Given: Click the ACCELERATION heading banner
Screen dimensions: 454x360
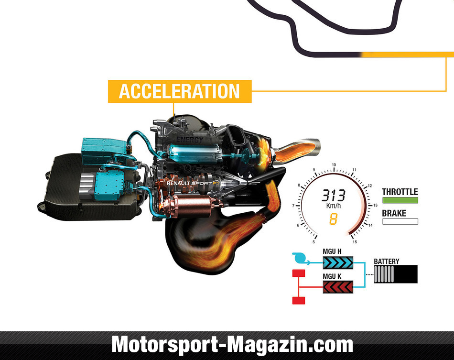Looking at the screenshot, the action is [x=180, y=91].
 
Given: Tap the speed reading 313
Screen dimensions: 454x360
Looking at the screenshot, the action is [x=334, y=196].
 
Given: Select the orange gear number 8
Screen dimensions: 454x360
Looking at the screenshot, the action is [x=333, y=219].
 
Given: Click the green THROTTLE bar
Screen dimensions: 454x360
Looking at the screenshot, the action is [x=400, y=200].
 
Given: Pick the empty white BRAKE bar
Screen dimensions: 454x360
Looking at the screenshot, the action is [x=400, y=221].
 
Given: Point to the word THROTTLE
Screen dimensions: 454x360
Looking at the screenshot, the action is [x=400, y=192].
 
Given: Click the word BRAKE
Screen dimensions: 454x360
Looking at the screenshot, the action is [x=394, y=213].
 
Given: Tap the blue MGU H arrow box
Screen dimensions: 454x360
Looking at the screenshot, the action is [x=338, y=262].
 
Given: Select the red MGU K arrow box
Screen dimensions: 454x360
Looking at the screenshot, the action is [x=338, y=287].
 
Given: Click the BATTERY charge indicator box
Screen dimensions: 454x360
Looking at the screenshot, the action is [x=396, y=274].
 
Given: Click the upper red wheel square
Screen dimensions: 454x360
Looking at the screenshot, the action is [x=299, y=273].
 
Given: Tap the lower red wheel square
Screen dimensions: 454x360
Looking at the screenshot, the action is [x=299, y=301].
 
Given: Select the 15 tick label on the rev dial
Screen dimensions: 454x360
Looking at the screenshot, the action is [x=355, y=242].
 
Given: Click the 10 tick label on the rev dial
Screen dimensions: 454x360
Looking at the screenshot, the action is [x=334, y=165].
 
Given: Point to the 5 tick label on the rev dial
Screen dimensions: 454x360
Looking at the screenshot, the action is [x=313, y=242].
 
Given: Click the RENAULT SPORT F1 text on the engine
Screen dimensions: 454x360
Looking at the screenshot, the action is [x=193, y=183].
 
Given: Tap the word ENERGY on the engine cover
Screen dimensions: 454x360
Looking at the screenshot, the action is [x=190, y=140].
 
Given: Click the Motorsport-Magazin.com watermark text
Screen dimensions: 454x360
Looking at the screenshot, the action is [x=232, y=345].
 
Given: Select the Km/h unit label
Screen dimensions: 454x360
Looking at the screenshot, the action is [x=334, y=206].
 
